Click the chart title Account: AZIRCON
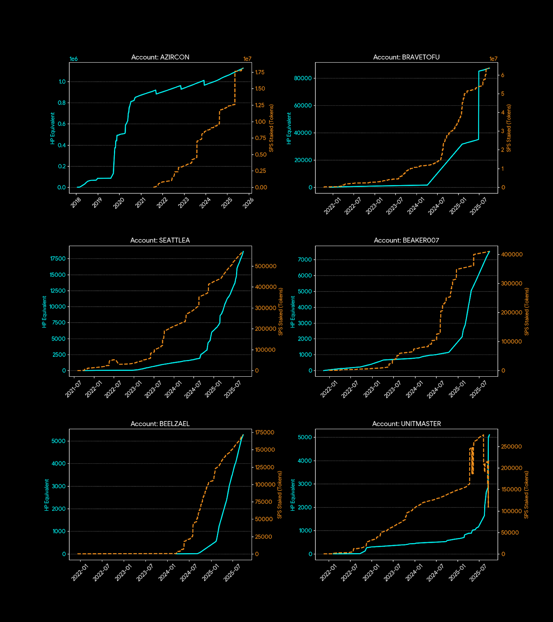coord(160,57)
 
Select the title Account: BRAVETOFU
coord(406,57)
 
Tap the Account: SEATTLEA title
coord(160,240)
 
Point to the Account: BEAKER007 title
coord(406,240)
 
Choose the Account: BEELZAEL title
coord(160,424)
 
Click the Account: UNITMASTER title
coord(406,424)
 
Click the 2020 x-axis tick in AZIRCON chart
coord(119,203)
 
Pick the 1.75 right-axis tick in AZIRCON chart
coord(260,72)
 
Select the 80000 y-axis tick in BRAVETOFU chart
coord(303,78)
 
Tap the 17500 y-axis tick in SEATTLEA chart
coord(58,259)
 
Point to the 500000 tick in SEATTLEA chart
coord(266,266)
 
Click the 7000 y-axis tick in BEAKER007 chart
coord(305,260)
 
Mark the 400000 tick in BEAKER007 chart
coord(512,255)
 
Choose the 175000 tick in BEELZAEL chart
coord(265,432)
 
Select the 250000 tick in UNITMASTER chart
coord(511,447)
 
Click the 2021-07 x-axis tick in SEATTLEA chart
coord(73,389)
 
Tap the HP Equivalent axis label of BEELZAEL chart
coord(47,495)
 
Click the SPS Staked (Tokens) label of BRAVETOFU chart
coord(509,128)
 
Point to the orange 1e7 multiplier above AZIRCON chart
coord(247,59)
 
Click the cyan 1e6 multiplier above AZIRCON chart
coord(73,59)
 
